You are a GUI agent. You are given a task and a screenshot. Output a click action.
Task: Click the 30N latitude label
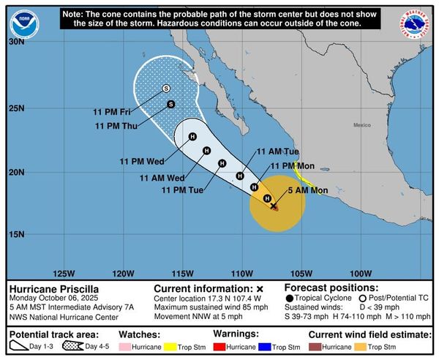pos(16,42)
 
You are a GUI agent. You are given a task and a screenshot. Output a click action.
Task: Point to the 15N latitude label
pos(16,234)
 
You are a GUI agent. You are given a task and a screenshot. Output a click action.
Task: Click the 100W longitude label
pos(361,273)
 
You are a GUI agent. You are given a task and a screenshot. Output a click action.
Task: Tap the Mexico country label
pos(362,126)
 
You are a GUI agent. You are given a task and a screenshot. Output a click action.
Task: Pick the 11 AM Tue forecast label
pos(277,151)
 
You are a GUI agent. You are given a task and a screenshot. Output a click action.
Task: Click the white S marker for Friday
pos(166,89)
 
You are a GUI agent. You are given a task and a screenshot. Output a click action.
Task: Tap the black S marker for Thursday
pos(170,104)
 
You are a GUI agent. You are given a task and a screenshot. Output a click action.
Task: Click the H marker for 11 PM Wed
pos(193,136)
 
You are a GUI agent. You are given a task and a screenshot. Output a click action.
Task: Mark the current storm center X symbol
pos(274,206)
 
